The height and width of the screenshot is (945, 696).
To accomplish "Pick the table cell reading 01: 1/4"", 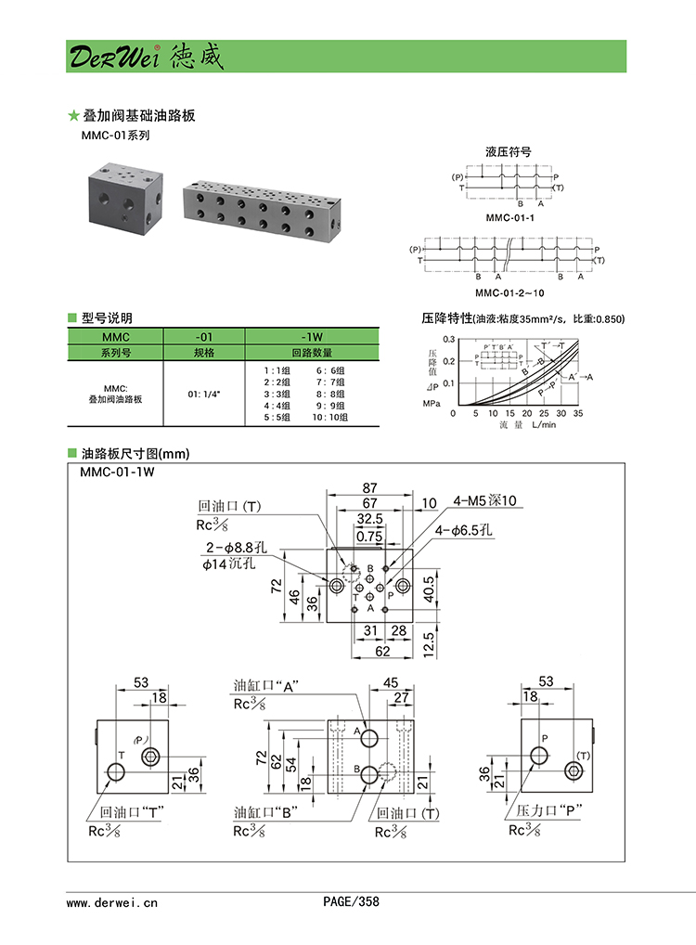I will (204, 394).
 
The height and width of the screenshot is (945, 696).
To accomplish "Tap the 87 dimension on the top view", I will (368, 487).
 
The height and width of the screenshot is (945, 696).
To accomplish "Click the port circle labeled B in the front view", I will (370, 775).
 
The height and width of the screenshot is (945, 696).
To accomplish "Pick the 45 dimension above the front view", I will (391, 682).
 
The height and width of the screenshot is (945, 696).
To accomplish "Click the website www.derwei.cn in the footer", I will (112, 901).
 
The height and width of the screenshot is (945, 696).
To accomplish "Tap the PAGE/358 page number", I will (351, 900).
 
